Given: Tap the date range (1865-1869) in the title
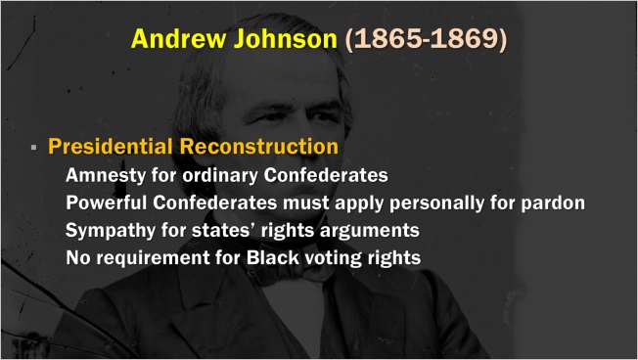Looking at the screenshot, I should (x=427, y=40).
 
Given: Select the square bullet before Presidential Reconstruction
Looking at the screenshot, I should (x=34, y=148).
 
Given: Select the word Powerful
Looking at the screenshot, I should (x=108, y=203).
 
